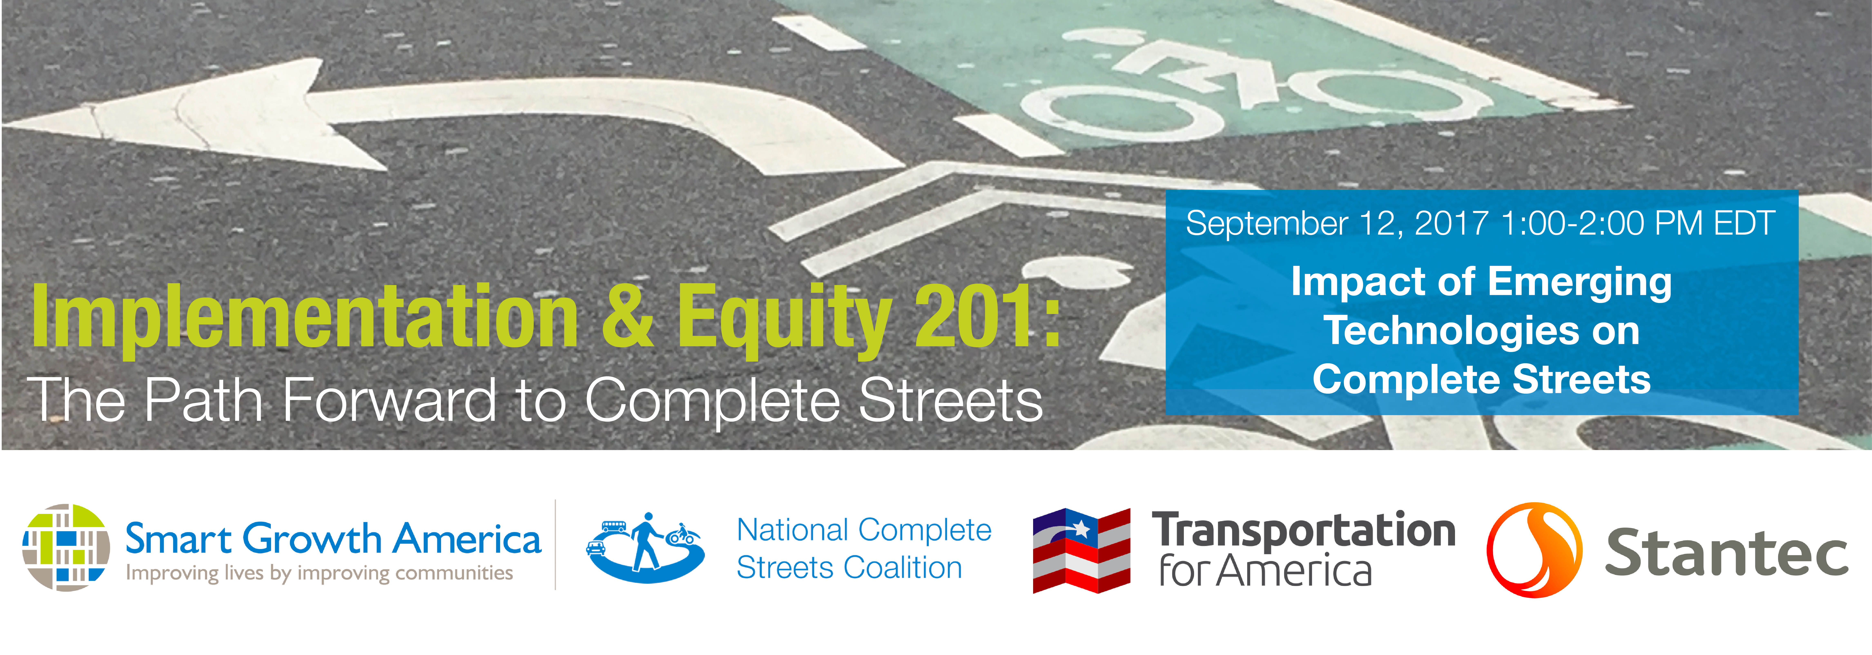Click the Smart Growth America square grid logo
click(x=66, y=547)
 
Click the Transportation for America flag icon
click(x=1081, y=550)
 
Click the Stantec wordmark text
click(x=1726, y=553)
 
